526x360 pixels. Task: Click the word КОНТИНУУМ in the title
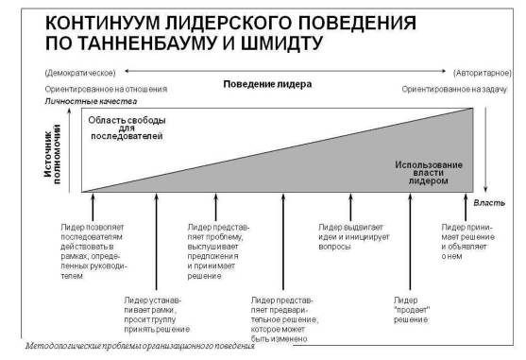[x=102, y=23]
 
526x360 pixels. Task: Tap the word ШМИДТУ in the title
[x=281, y=43]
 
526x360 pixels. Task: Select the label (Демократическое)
[x=80, y=73]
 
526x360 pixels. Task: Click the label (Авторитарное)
[x=483, y=73]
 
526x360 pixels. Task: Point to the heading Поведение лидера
[x=267, y=84]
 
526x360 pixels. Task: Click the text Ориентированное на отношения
[x=106, y=89]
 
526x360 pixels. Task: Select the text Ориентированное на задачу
[x=454, y=89]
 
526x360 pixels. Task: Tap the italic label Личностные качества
[x=91, y=101]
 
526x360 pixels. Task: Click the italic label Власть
[x=489, y=202]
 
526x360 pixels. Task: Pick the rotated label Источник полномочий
[x=52, y=154]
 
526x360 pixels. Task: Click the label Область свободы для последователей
[x=127, y=128]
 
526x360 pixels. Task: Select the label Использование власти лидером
[x=429, y=173]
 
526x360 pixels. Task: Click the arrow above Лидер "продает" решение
[x=410, y=242]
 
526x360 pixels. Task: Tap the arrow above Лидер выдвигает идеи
[x=350, y=207]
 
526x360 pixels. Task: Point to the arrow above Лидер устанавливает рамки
[x=157, y=242]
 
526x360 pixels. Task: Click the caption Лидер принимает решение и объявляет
[x=468, y=242]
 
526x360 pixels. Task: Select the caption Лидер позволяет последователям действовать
[x=93, y=251]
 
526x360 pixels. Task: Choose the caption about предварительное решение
[x=284, y=319]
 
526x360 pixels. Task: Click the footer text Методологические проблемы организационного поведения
[x=140, y=346]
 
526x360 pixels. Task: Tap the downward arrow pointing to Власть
[x=485, y=149]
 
